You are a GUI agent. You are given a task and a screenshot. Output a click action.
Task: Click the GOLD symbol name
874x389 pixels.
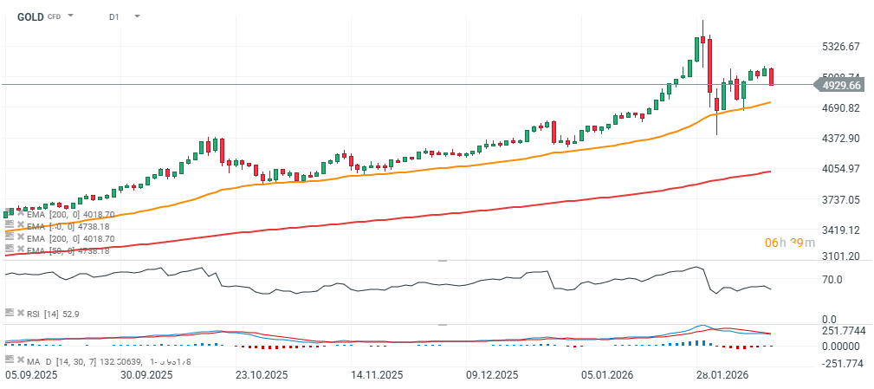30,16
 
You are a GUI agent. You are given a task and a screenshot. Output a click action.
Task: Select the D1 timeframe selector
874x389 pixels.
114,16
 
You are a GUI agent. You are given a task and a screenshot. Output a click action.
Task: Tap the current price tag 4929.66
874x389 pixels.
840,85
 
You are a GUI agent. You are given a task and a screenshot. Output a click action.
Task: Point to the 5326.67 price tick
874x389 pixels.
840,46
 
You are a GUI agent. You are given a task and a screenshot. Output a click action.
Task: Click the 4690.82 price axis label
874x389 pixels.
840,108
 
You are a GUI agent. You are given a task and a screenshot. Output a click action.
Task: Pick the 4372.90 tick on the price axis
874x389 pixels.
840,139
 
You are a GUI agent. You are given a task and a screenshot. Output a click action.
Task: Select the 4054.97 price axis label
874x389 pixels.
840,169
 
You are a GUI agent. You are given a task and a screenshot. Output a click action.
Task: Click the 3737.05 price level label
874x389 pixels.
840,199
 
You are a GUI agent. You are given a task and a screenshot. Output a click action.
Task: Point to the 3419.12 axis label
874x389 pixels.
840,230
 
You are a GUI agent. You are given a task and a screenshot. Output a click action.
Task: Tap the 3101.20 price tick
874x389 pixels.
840,256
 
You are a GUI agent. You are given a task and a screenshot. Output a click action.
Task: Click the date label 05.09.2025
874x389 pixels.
31,375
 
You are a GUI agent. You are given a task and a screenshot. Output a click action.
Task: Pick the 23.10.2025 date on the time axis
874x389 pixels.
262,375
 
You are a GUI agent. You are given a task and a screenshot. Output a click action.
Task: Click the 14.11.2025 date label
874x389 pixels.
377,375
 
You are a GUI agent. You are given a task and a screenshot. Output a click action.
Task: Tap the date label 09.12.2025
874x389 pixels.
493,375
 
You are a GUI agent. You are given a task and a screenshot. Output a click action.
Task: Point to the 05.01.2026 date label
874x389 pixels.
607,375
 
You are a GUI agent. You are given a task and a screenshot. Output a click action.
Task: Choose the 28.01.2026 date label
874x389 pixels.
723,375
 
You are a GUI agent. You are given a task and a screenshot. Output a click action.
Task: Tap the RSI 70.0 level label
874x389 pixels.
832,280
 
